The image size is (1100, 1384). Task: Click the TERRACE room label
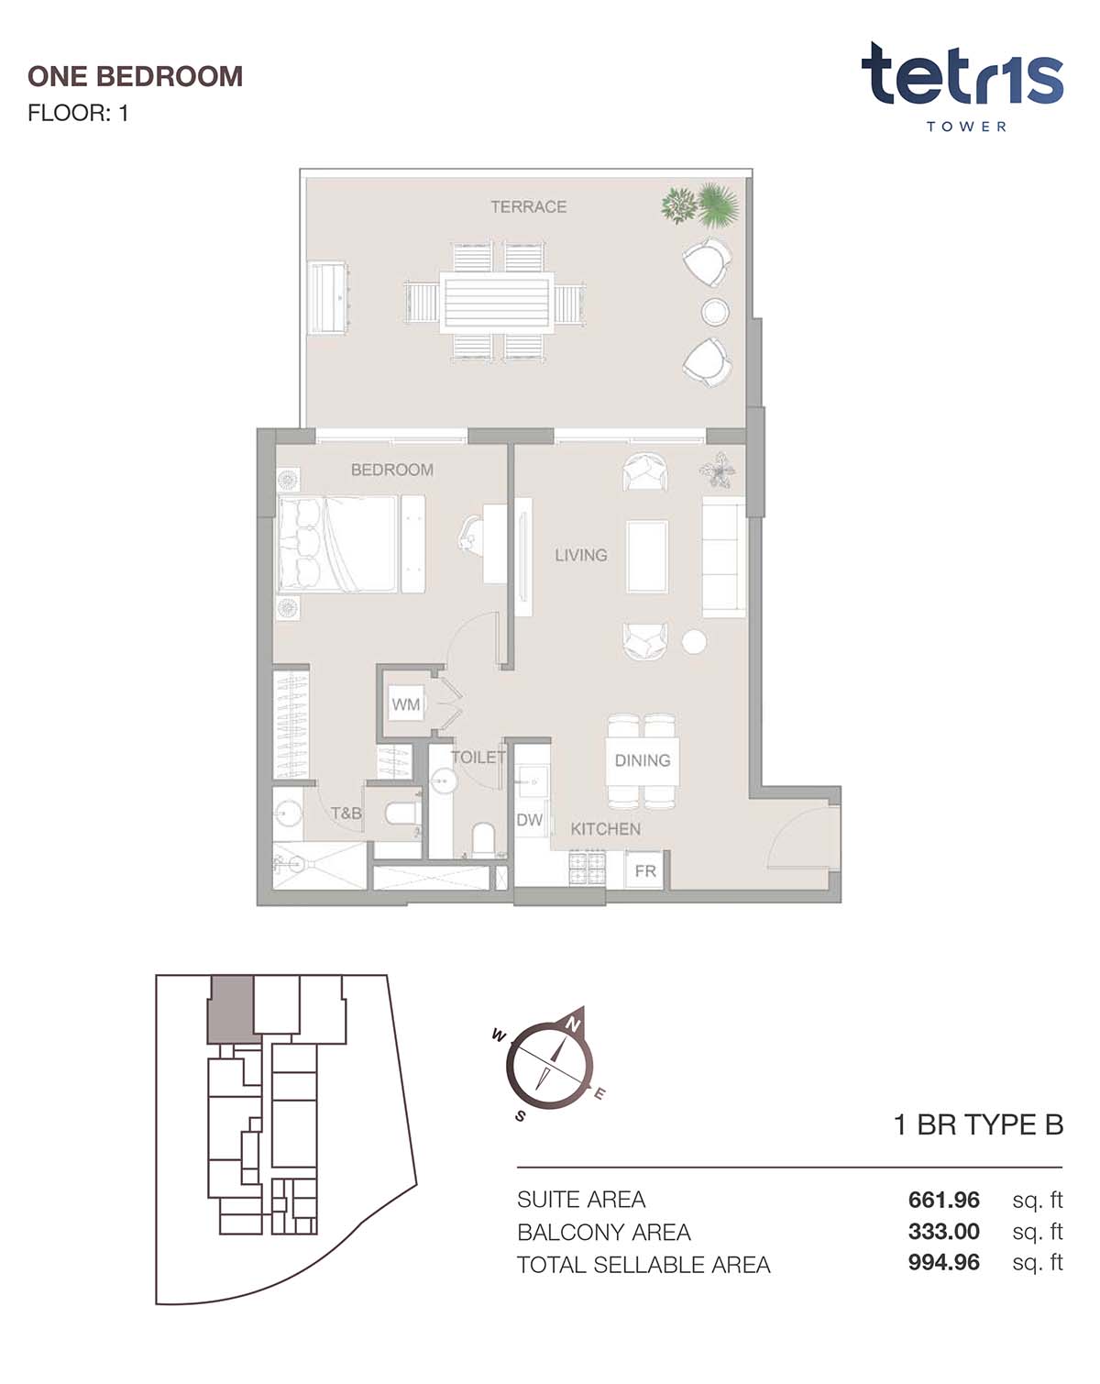(x=529, y=206)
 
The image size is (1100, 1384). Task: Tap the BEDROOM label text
(x=391, y=470)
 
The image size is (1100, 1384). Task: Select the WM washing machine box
(x=406, y=703)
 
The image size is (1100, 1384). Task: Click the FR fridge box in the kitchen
(x=644, y=870)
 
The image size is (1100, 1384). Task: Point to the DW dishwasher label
(x=529, y=820)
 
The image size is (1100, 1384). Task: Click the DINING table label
(x=643, y=760)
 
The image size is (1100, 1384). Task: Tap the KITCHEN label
(x=606, y=829)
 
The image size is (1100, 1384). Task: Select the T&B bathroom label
(x=346, y=814)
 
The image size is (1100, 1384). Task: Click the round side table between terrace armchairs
(x=714, y=312)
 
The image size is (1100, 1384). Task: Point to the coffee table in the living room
(x=647, y=557)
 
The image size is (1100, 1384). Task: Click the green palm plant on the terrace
(x=718, y=205)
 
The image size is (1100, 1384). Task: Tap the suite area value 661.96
(x=943, y=1200)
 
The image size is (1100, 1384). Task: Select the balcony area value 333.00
(x=943, y=1232)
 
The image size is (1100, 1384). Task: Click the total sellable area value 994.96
(x=943, y=1262)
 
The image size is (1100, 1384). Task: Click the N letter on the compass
(x=573, y=1025)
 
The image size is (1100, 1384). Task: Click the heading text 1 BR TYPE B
(x=978, y=1124)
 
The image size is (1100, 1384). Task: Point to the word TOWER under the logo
(x=965, y=127)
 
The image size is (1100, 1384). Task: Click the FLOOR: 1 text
(x=78, y=113)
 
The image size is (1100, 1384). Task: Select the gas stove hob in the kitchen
(x=587, y=869)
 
